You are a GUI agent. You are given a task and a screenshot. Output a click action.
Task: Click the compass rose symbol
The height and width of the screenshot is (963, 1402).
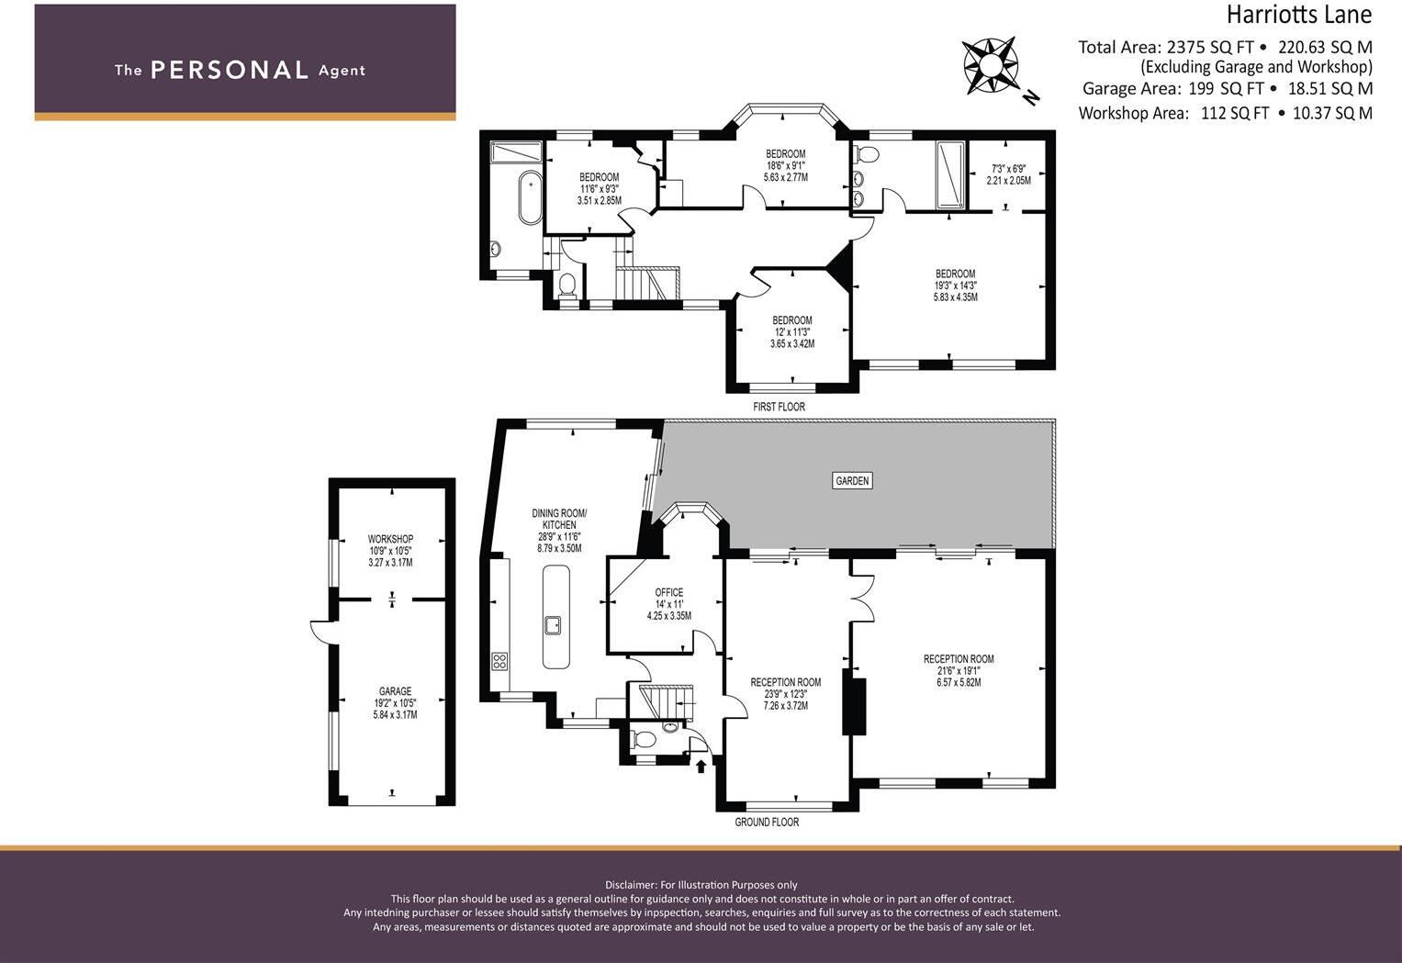(990, 65)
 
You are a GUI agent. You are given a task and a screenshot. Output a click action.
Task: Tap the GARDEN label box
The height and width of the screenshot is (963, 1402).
(852, 480)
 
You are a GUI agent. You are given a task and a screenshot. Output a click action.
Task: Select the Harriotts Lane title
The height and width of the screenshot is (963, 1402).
(1298, 15)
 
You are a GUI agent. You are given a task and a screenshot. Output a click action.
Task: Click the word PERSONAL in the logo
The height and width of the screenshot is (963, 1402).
(229, 71)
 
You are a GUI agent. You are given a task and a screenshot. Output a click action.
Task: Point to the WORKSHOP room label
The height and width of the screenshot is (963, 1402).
(390, 539)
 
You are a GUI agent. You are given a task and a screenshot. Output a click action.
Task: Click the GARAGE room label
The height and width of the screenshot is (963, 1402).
(395, 691)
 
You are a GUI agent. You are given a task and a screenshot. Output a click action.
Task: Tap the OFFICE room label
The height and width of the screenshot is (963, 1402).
(668, 593)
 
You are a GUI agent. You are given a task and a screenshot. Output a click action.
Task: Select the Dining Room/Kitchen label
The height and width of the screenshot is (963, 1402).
(559, 519)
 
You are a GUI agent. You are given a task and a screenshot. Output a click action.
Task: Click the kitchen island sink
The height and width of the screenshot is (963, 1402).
(555, 626)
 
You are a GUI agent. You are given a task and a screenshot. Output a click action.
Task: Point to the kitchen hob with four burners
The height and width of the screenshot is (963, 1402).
(500, 660)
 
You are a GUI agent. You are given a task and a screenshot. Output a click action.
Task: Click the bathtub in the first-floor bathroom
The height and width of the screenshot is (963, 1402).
(530, 197)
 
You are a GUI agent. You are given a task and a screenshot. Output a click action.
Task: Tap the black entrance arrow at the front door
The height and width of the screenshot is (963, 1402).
(701, 765)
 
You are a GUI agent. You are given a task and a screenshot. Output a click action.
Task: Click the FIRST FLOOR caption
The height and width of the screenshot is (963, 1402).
(779, 407)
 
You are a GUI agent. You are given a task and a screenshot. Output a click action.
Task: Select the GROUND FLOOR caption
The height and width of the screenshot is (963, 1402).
(767, 823)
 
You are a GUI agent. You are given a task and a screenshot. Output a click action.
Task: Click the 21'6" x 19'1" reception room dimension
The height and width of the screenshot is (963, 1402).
(959, 671)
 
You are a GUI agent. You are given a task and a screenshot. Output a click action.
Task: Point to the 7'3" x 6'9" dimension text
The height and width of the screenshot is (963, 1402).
(1008, 169)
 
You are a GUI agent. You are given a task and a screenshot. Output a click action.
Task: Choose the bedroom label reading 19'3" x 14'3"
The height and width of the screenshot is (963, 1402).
(955, 286)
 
